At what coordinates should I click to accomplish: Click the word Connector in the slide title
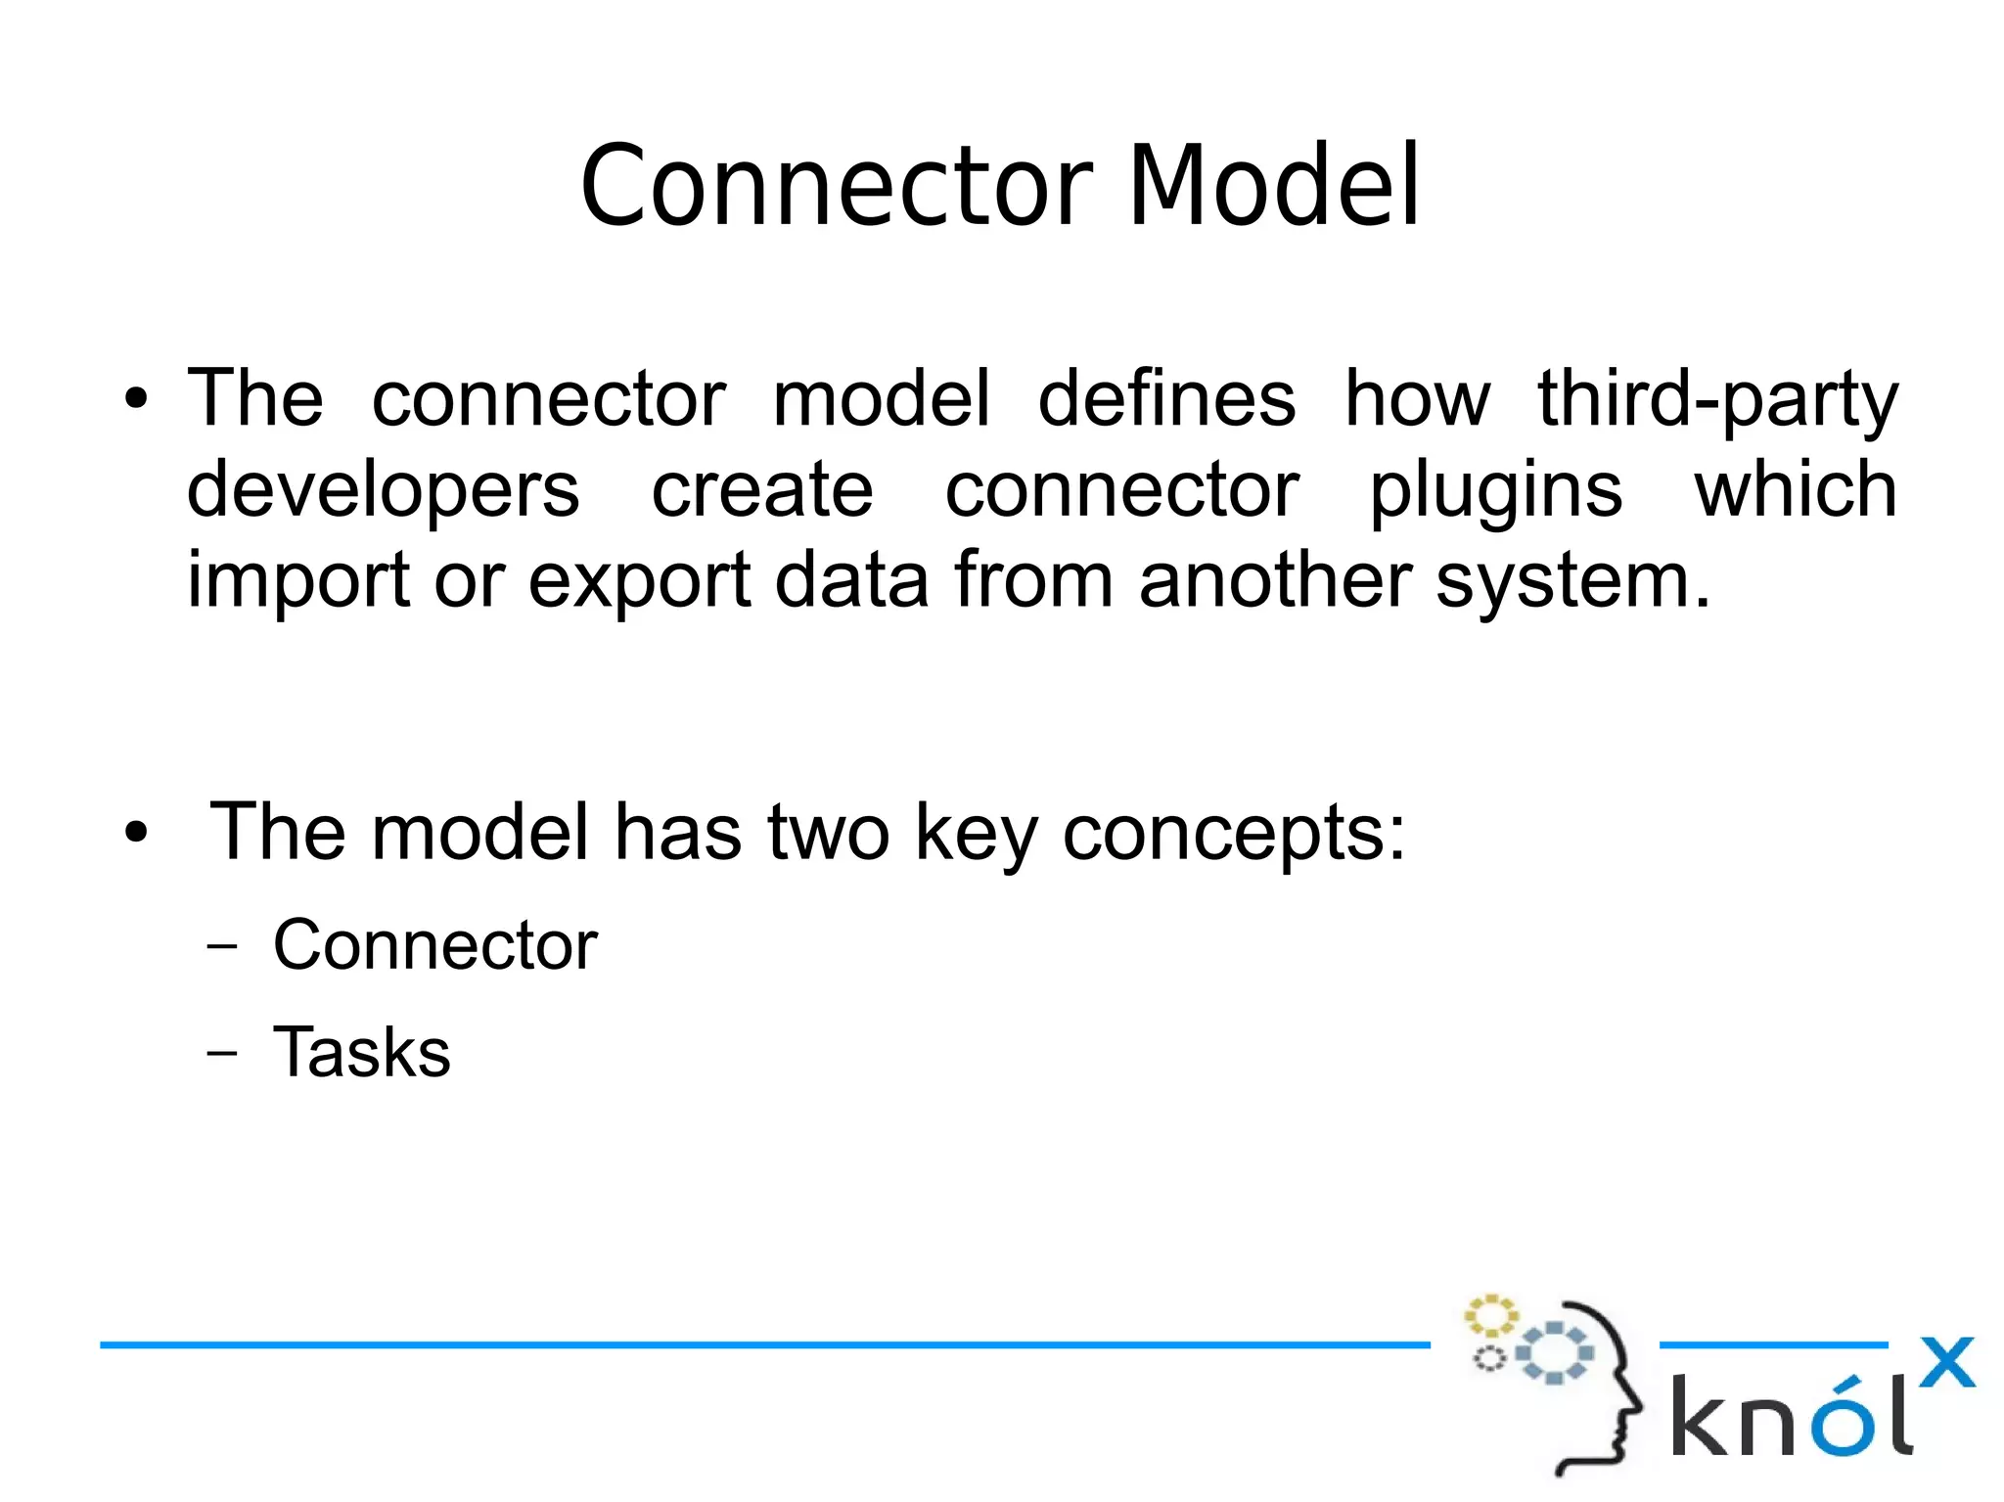click(837, 186)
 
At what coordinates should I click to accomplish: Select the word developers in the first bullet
click(383, 491)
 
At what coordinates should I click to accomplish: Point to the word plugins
click(1495, 491)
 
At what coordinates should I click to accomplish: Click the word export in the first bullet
click(639, 582)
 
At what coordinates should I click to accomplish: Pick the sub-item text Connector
click(434, 945)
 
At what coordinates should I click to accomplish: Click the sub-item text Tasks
click(361, 1053)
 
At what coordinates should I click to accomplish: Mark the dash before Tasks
click(222, 1054)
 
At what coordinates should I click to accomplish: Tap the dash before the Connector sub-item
click(222, 946)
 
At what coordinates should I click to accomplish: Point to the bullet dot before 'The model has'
click(136, 834)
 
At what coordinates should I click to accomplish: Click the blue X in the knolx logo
click(1946, 1363)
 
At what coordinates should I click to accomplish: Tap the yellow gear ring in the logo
click(1490, 1316)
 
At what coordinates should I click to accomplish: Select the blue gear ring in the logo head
click(1554, 1353)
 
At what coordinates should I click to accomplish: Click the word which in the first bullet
click(1796, 491)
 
